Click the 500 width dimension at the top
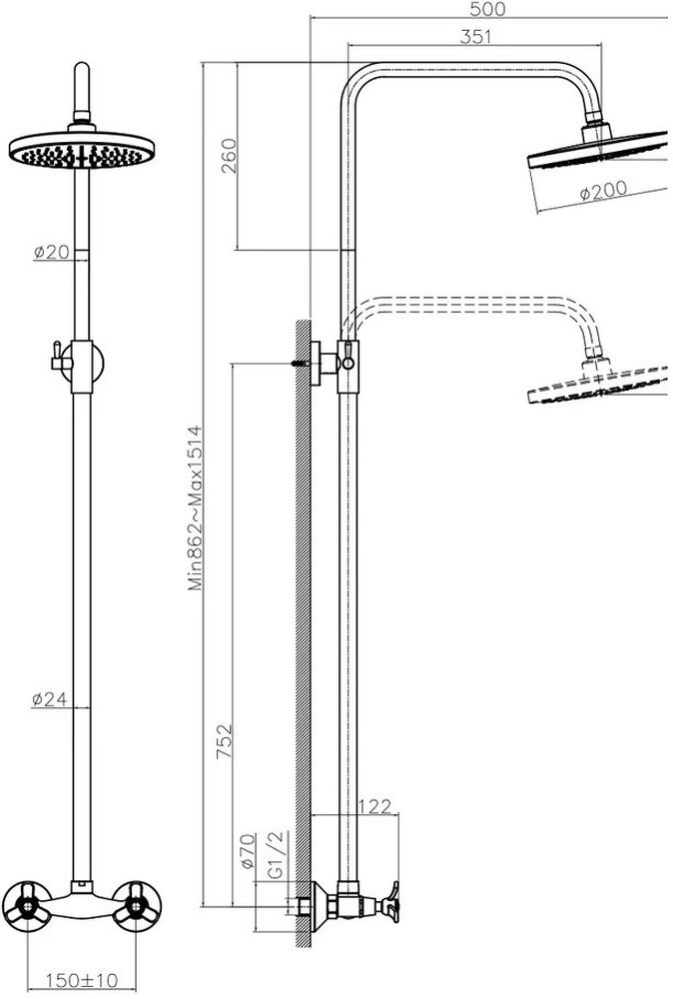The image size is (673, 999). [x=487, y=9]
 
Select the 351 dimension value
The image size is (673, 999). [x=475, y=37]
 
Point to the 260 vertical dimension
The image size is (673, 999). [x=228, y=156]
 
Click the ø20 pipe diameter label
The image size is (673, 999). [x=52, y=252]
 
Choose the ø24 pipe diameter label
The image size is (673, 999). [x=50, y=699]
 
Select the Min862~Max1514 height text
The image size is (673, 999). [x=196, y=507]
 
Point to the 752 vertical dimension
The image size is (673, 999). [x=224, y=741]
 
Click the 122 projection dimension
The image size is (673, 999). [x=374, y=806]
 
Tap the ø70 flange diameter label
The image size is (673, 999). [x=248, y=852]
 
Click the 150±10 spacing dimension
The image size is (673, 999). [x=82, y=979]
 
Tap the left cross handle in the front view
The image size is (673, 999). [x=27, y=906]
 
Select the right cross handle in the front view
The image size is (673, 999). [x=136, y=906]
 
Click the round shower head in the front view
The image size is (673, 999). [x=82, y=150]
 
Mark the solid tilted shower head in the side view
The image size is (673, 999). [x=597, y=151]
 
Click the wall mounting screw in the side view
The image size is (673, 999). [x=300, y=364]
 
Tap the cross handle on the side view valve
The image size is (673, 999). [x=388, y=903]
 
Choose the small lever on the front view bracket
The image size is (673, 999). [x=59, y=358]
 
